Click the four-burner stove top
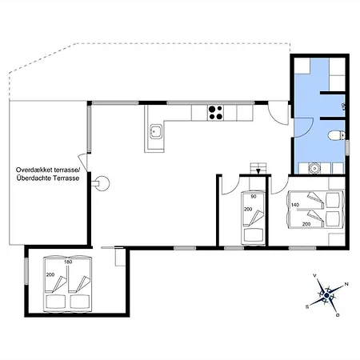tap(215, 113)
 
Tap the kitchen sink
tap(155, 131)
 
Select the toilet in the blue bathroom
tap(337, 135)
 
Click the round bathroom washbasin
tap(314, 168)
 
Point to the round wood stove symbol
tap(102, 183)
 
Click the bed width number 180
tap(68, 262)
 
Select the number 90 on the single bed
tap(254, 197)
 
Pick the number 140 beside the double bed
tap(295, 205)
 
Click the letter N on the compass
tap(346, 284)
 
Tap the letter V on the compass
tap(315, 275)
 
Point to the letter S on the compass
tap(307, 307)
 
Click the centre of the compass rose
tap(326, 295)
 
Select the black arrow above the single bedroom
tap(258, 171)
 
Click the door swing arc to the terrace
tap(81, 161)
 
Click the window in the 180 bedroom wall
tap(26, 271)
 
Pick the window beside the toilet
tap(347, 147)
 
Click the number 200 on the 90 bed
tap(248, 209)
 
